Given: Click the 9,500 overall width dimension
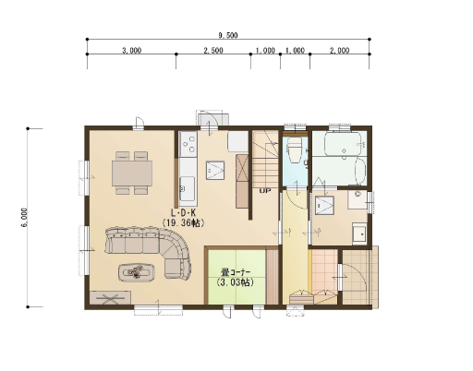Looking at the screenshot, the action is pyautogui.click(x=228, y=35).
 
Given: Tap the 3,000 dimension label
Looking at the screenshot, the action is pyautogui.click(x=132, y=51).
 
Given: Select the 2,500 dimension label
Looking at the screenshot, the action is pyautogui.click(x=213, y=51).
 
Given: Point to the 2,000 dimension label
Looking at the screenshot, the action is pyautogui.click(x=340, y=51).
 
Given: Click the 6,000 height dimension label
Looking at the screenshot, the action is pyautogui.click(x=25, y=218).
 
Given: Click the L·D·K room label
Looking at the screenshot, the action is pyautogui.click(x=184, y=212).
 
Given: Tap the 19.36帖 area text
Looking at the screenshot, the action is pyautogui.click(x=184, y=223).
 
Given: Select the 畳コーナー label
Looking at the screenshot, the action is pyautogui.click(x=236, y=272).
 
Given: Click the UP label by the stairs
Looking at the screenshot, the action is pyautogui.click(x=265, y=191).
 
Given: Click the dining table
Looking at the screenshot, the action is pyautogui.click(x=132, y=174).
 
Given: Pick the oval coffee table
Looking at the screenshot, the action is pyautogui.click(x=137, y=272).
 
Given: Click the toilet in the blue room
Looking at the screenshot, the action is pyautogui.click(x=294, y=150).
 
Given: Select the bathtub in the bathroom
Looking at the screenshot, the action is pyautogui.click(x=343, y=144).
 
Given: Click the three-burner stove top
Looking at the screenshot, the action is pyautogui.click(x=188, y=144).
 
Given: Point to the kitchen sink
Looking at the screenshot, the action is pyautogui.click(x=187, y=188).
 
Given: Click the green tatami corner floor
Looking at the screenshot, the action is pyautogui.click(x=236, y=277).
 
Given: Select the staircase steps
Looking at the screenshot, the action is pyautogui.click(x=266, y=159).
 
